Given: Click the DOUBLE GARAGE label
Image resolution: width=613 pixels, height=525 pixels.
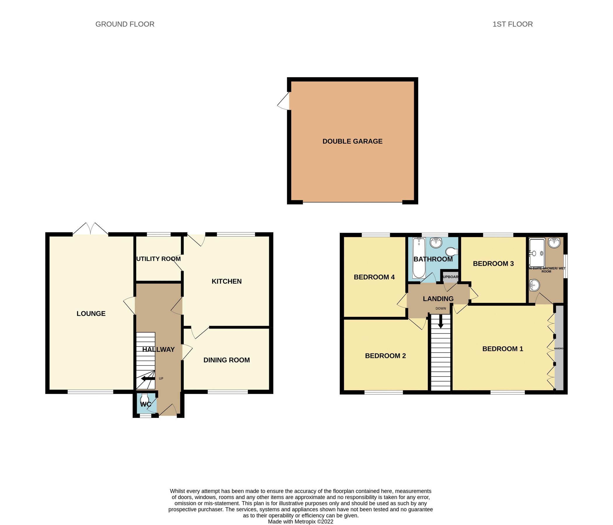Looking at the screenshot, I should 352,141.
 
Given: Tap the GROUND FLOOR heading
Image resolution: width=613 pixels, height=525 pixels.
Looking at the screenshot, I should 125,24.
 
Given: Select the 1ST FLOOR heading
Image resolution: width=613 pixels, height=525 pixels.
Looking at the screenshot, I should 512,24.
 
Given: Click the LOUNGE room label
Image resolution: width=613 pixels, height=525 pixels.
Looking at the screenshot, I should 91,314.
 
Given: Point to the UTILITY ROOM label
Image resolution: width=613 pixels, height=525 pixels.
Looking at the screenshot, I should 159,259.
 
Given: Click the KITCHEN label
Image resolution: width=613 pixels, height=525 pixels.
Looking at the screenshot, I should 227,281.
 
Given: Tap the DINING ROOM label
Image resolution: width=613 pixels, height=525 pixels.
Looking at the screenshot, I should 227,360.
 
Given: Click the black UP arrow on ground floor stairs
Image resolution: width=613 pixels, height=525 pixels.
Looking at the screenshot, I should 148,379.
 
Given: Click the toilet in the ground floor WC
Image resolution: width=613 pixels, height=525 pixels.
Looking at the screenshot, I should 145,398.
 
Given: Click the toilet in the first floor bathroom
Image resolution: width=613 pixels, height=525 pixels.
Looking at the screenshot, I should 451,252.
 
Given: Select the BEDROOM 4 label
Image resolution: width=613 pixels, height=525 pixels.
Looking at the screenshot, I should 374,277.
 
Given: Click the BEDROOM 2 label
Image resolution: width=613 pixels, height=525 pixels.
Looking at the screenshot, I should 385,356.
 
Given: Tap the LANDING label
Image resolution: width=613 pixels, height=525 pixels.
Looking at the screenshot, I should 438,299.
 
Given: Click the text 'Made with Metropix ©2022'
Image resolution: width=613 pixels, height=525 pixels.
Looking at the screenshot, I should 300,522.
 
